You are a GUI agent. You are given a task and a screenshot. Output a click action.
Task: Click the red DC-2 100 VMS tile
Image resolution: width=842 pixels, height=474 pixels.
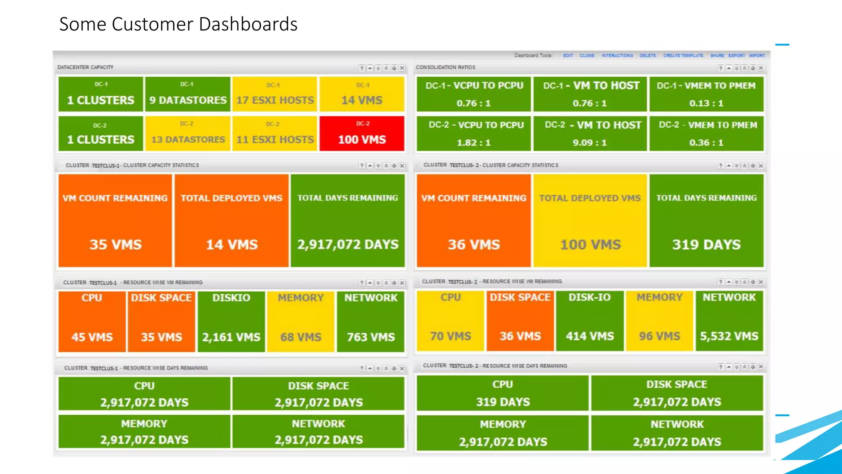tap(362, 133)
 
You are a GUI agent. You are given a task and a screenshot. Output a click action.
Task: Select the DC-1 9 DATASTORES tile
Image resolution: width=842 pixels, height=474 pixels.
tap(187, 94)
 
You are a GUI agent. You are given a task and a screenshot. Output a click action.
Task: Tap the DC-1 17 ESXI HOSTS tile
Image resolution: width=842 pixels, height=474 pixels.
tap(275, 94)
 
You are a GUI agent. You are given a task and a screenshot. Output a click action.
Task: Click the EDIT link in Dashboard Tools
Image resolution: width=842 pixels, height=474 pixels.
tap(568, 56)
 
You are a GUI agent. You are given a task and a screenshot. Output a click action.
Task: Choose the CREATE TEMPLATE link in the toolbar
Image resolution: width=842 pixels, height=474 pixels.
tap(683, 56)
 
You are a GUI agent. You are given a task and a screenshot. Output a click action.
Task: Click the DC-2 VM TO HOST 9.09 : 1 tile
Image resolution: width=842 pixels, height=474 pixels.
tap(590, 133)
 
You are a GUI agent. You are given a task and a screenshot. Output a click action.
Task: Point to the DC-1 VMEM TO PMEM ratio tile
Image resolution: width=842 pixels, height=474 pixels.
tap(706, 94)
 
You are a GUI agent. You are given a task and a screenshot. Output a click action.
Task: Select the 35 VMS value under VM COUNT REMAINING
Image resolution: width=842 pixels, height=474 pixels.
tap(116, 244)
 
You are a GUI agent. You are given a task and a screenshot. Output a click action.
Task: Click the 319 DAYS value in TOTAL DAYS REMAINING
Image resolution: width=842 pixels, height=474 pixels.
tap(706, 244)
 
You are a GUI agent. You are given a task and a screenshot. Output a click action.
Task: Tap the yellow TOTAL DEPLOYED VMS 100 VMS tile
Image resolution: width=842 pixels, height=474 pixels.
tap(590, 221)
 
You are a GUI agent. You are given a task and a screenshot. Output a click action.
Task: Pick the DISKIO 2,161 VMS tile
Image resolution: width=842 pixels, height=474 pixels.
tap(231, 321)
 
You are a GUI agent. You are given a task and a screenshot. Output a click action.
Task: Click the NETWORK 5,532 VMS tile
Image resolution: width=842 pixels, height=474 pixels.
tap(729, 321)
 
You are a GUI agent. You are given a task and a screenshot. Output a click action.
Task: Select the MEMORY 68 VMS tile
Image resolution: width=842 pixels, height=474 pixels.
tap(301, 321)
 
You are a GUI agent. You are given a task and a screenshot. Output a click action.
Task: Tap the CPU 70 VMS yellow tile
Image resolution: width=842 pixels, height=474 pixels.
tap(451, 321)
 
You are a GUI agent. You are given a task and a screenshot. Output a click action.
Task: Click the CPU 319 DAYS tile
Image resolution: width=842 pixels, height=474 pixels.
tap(502, 393)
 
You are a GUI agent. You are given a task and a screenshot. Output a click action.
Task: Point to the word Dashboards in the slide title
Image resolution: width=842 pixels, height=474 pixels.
tap(248, 24)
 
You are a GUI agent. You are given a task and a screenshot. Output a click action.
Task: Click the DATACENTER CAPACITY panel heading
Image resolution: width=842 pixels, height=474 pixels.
tap(86, 67)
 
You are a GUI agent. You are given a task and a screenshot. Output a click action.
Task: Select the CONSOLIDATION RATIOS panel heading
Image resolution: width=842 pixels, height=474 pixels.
tap(445, 67)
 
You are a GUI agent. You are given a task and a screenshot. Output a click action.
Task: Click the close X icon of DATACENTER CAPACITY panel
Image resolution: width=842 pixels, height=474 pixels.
tap(402, 68)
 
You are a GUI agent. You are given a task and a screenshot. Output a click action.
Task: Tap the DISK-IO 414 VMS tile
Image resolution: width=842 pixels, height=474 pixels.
tap(590, 321)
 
